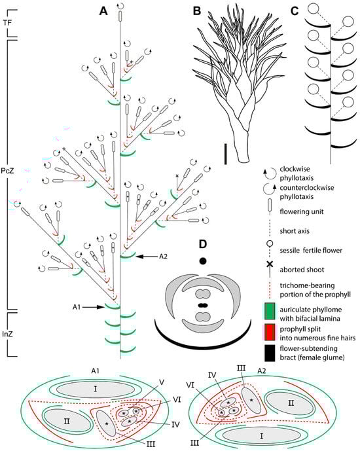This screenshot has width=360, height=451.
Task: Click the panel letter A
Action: tap(103, 11)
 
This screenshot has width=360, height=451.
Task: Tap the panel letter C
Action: tap(295, 11)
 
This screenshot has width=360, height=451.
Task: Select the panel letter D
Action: tap(203, 244)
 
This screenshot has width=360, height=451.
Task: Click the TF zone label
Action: tap(8, 23)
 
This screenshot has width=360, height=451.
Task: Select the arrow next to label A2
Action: tap(146, 257)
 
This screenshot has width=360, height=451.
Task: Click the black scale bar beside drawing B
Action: tap(226, 154)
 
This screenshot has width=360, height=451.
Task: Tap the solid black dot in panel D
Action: tap(203, 261)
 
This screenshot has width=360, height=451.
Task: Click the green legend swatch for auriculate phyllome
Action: tap(270, 311)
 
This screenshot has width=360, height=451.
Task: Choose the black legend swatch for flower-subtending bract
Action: tap(270, 353)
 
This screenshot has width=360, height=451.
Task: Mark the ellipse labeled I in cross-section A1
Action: tap(95, 389)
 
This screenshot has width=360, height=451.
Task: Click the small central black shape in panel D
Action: tap(203, 305)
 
